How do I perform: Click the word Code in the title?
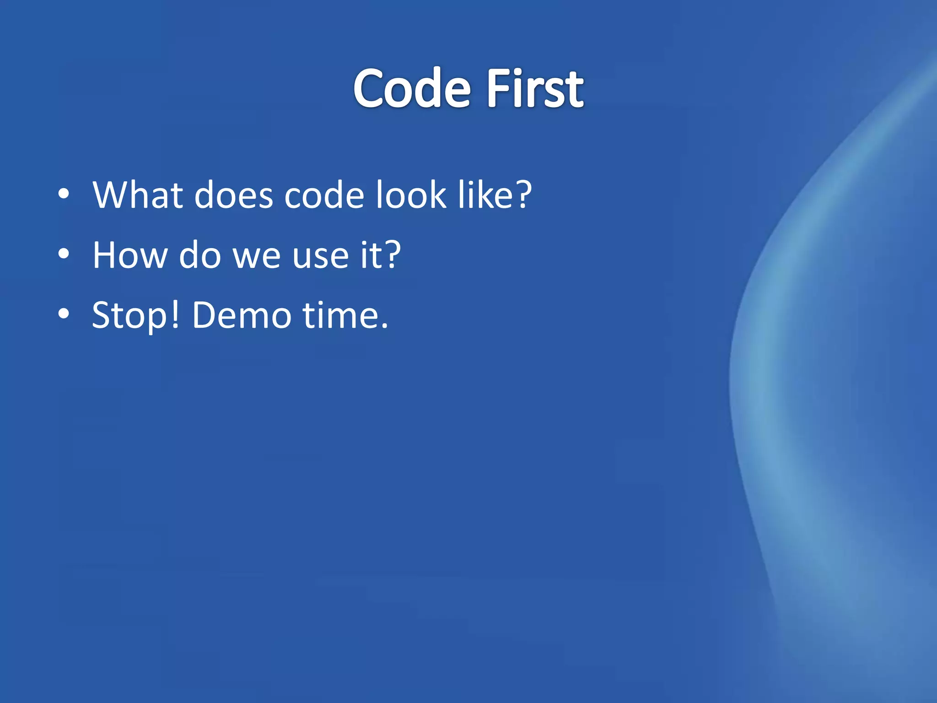click(x=412, y=88)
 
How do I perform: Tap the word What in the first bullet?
click(x=138, y=195)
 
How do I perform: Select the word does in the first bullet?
click(x=233, y=195)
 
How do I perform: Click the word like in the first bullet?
click(x=486, y=195)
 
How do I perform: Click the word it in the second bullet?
click(x=371, y=254)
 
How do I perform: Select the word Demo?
click(x=241, y=315)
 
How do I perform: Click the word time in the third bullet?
click(x=340, y=315)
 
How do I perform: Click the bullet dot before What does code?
click(x=64, y=194)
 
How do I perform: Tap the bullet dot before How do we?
click(x=64, y=254)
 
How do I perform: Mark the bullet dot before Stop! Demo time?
click(x=64, y=314)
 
